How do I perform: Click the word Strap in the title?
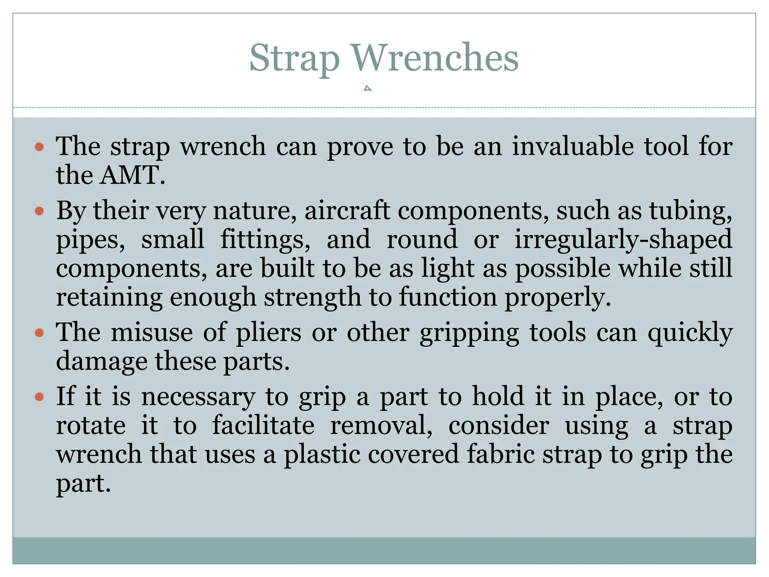294,58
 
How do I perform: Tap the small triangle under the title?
368,88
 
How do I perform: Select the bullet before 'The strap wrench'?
39,147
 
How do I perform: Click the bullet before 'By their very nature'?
39,211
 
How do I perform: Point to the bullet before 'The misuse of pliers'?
39,333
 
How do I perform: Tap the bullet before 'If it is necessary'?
39,397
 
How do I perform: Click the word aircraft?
347,210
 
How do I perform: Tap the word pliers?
268,333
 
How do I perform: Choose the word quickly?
690,333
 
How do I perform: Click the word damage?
101,362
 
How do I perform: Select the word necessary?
198,397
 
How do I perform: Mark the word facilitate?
263,426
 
